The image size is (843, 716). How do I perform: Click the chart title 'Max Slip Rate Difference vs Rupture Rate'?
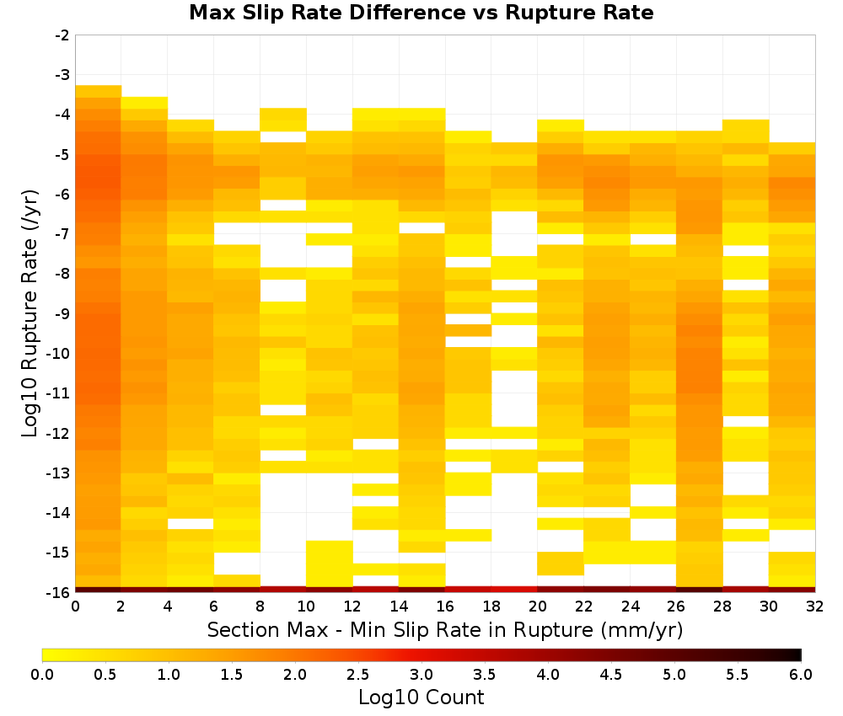421,13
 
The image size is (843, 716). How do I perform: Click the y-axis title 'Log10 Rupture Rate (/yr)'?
30,313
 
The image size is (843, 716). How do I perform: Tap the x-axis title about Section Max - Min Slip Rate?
445,629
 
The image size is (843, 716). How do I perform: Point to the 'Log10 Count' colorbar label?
421,697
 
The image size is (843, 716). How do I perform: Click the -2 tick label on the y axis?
62,35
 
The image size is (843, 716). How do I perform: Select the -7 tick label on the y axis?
62,234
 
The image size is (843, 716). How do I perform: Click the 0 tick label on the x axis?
75,606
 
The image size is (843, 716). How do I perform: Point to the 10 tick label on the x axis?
306,606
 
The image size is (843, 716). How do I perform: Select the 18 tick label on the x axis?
491,606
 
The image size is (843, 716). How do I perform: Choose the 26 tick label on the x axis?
676,606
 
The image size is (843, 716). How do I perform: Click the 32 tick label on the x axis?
815,606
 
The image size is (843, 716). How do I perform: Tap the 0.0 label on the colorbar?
42,674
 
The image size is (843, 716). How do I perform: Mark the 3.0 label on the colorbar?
421,674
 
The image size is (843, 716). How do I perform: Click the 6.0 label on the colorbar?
801,674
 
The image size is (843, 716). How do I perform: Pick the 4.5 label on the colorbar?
611,674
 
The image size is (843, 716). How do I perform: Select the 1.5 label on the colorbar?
232,674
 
